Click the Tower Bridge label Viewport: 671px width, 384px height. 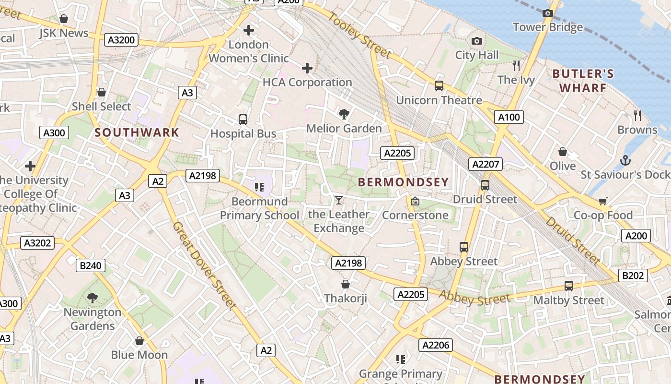pyautogui.click(x=548, y=27)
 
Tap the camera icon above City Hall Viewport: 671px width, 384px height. pyautogui.click(x=476, y=41)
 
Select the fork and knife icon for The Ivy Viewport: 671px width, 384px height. pyautogui.click(x=516, y=66)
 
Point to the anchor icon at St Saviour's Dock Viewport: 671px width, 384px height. pyautogui.click(x=625, y=160)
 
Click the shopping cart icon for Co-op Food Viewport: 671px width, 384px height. pyautogui.click(x=603, y=201)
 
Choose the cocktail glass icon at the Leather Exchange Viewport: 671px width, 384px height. pyautogui.click(x=339, y=200)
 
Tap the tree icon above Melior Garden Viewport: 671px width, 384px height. pyautogui.click(x=344, y=114)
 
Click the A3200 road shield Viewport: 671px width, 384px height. pyautogui.click(x=121, y=40)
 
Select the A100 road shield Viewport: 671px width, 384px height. pyautogui.click(x=509, y=117)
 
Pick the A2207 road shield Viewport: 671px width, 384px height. pyautogui.click(x=486, y=164)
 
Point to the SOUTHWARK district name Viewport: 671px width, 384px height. pyautogui.click(x=137, y=132)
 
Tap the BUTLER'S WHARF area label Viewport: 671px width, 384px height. pyautogui.click(x=583, y=81)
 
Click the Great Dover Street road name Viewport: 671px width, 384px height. pyautogui.click(x=204, y=265)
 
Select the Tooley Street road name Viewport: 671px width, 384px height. pyautogui.click(x=360, y=35)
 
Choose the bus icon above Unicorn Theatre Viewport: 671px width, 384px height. pyautogui.click(x=439, y=86)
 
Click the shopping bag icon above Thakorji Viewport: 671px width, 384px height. pyautogui.click(x=345, y=284)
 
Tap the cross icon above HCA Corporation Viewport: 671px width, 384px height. pyautogui.click(x=307, y=68)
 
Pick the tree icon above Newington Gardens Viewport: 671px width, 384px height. pyautogui.click(x=93, y=298)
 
